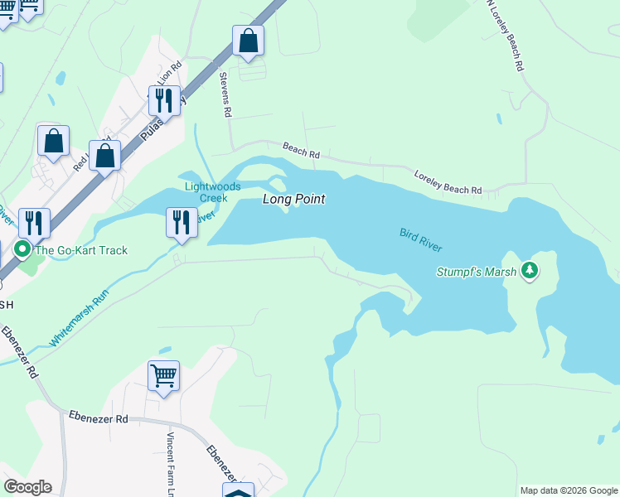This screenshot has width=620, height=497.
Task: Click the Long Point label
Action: (x=293, y=200)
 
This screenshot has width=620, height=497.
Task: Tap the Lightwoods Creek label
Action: (x=206, y=192)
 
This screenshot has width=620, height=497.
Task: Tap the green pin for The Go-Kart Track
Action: (x=22, y=248)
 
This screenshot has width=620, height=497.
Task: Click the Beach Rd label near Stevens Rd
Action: (x=301, y=150)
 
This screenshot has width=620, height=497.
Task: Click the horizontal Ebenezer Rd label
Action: (x=98, y=419)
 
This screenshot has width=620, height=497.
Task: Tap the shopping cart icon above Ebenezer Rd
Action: (x=163, y=375)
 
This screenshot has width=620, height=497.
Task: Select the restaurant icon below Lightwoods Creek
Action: (x=181, y=221)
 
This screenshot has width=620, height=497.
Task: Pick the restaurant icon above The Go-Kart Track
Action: (x=35, y=222)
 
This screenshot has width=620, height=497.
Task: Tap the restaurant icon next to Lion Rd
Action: (x=164, y=99)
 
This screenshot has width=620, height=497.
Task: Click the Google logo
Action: (x=27, y=487)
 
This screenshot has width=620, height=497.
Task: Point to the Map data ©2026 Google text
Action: (x=568, y=490)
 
